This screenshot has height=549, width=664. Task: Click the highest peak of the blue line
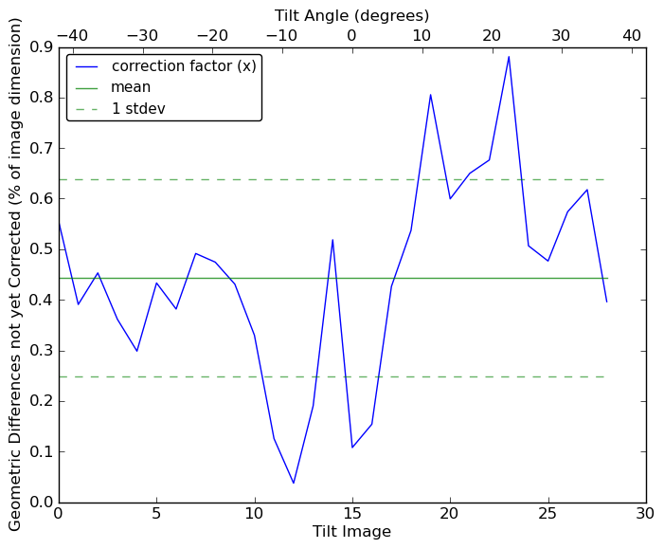point(509,57)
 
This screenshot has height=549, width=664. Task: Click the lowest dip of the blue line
point(294,483)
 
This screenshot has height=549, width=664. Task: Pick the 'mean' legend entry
point(131,87)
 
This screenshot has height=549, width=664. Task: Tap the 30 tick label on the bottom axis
point(646,514)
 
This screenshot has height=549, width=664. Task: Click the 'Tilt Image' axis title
point(351,532)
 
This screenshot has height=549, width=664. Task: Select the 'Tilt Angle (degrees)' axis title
point(351,15)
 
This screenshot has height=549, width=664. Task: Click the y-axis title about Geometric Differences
point(15,274)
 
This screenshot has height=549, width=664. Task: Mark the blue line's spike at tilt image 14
point(332,240)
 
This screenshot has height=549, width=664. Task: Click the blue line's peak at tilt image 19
point(431,95)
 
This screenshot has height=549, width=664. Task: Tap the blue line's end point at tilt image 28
point(607,302)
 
